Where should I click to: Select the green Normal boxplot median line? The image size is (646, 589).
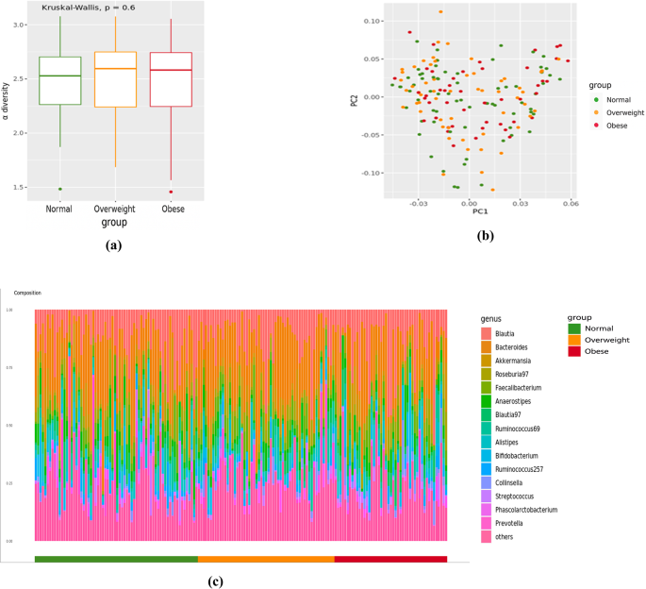[60, 76]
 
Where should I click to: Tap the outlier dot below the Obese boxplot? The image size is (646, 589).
[171, 192]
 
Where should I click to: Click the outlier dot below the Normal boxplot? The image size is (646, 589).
[60, 189]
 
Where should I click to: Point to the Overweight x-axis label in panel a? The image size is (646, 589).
[115, 209]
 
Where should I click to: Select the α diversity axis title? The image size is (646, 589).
[7, 107]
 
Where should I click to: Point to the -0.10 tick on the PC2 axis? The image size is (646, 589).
[369, 173]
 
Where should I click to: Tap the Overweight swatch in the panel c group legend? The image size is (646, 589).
[574, 340]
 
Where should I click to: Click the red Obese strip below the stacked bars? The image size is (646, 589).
[390, 559]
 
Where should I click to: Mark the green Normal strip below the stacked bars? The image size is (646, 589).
[115, 559]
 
